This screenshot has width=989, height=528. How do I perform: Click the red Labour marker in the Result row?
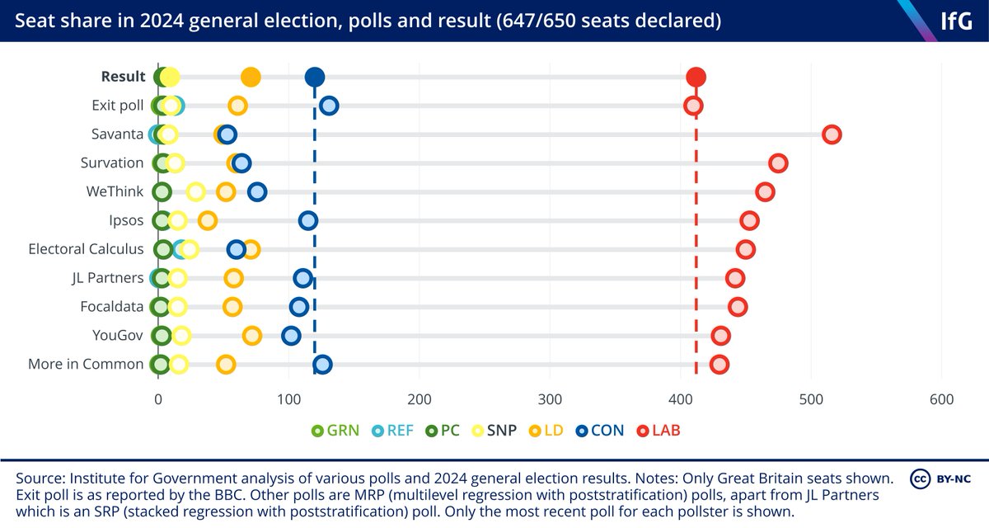[x=696, y=78]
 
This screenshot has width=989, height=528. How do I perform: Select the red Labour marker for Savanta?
[x=832, y=134]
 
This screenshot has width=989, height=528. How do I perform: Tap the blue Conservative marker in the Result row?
[x=314, y=78]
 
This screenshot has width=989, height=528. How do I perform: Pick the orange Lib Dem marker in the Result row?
[x=251, y=78]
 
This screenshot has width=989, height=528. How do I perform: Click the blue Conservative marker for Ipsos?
[x=307, y=220]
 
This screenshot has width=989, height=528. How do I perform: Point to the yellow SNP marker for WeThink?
[x=195, y=192]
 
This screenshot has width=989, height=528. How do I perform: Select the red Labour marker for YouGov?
[x=720, y=336]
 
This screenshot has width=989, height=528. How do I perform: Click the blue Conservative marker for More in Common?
[x=322, y=365]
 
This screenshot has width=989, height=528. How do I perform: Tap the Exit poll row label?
[x=118, y=106]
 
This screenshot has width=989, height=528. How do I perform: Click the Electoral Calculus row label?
[x=86, y=249]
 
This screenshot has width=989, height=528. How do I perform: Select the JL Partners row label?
[x=106, y=278]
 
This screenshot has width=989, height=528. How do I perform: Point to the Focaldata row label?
[x=112, y=307]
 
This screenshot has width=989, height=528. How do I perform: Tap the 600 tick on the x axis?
[x=941, y=400]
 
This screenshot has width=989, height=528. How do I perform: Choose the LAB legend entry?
[x=660, y=431]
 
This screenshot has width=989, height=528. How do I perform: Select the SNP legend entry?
[x=495, y=431]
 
